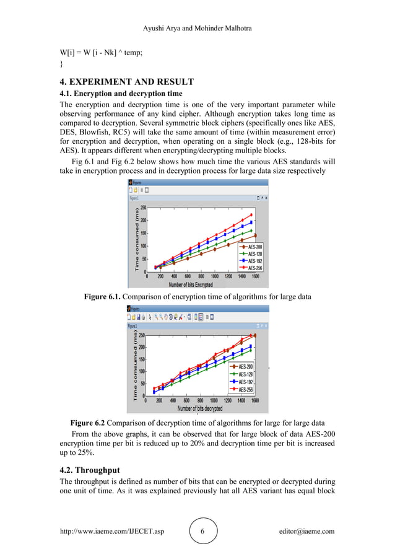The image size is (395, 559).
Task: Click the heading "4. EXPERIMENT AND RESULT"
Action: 126,82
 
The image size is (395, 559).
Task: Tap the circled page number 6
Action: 204,532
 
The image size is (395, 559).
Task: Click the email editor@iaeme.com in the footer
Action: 306,531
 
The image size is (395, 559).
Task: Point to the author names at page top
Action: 197,29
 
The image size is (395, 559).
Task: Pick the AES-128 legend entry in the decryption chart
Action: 245,374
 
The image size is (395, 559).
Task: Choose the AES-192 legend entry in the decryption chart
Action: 245,382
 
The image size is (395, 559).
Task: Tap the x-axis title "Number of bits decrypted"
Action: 191,408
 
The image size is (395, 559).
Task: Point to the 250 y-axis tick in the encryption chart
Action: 143,208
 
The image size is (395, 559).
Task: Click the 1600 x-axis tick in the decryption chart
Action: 254,401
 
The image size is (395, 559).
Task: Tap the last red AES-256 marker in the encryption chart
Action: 251,215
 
